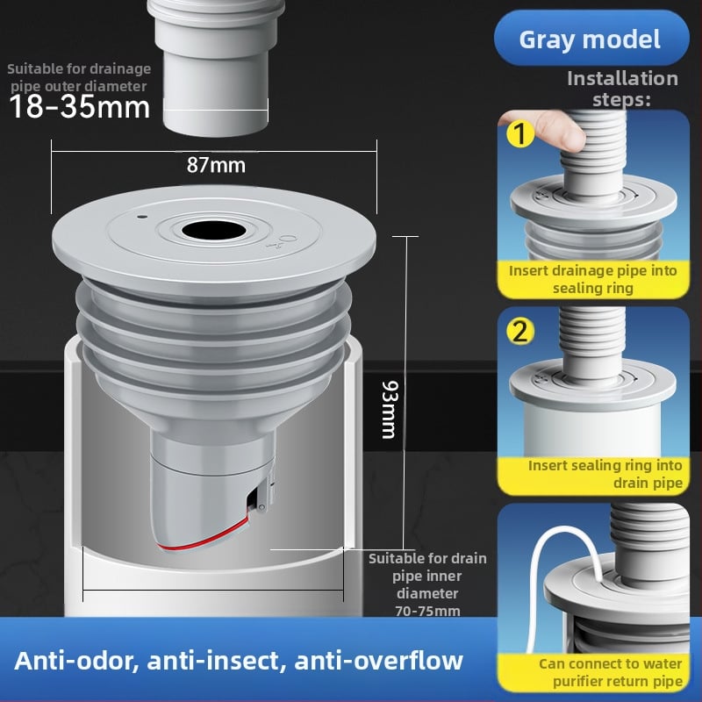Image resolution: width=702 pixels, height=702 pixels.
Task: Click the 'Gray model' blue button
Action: [x=591, y=39]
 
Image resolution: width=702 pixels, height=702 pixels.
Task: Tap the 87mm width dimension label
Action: [x=216, y=165]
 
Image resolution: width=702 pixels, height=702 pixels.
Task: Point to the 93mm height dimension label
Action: [x=389, y=410]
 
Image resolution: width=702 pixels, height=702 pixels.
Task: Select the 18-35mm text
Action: [x=79, y=107]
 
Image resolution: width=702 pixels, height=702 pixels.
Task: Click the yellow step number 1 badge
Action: [x=520, y=133]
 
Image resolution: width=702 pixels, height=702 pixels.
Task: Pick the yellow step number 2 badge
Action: [x=520, y=332]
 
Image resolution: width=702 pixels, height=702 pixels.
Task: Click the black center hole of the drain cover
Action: [x=214, y=230]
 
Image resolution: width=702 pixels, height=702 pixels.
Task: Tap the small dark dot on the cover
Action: [x=143, y=217]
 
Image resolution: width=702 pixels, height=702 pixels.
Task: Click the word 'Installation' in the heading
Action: [x=622, y=78]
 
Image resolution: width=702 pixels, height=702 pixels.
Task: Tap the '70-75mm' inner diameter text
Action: [x=427, y=611]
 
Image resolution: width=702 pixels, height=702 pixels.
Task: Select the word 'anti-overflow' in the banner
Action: [x=379, y=661]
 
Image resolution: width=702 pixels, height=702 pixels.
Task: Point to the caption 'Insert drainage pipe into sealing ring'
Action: [x=593, y=279]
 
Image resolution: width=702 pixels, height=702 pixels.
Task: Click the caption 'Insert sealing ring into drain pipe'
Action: [x=605, y=474]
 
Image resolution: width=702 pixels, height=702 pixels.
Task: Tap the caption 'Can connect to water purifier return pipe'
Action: [x=611, y=672]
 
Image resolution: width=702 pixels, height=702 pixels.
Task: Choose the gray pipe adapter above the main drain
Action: [x=216, y=68]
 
